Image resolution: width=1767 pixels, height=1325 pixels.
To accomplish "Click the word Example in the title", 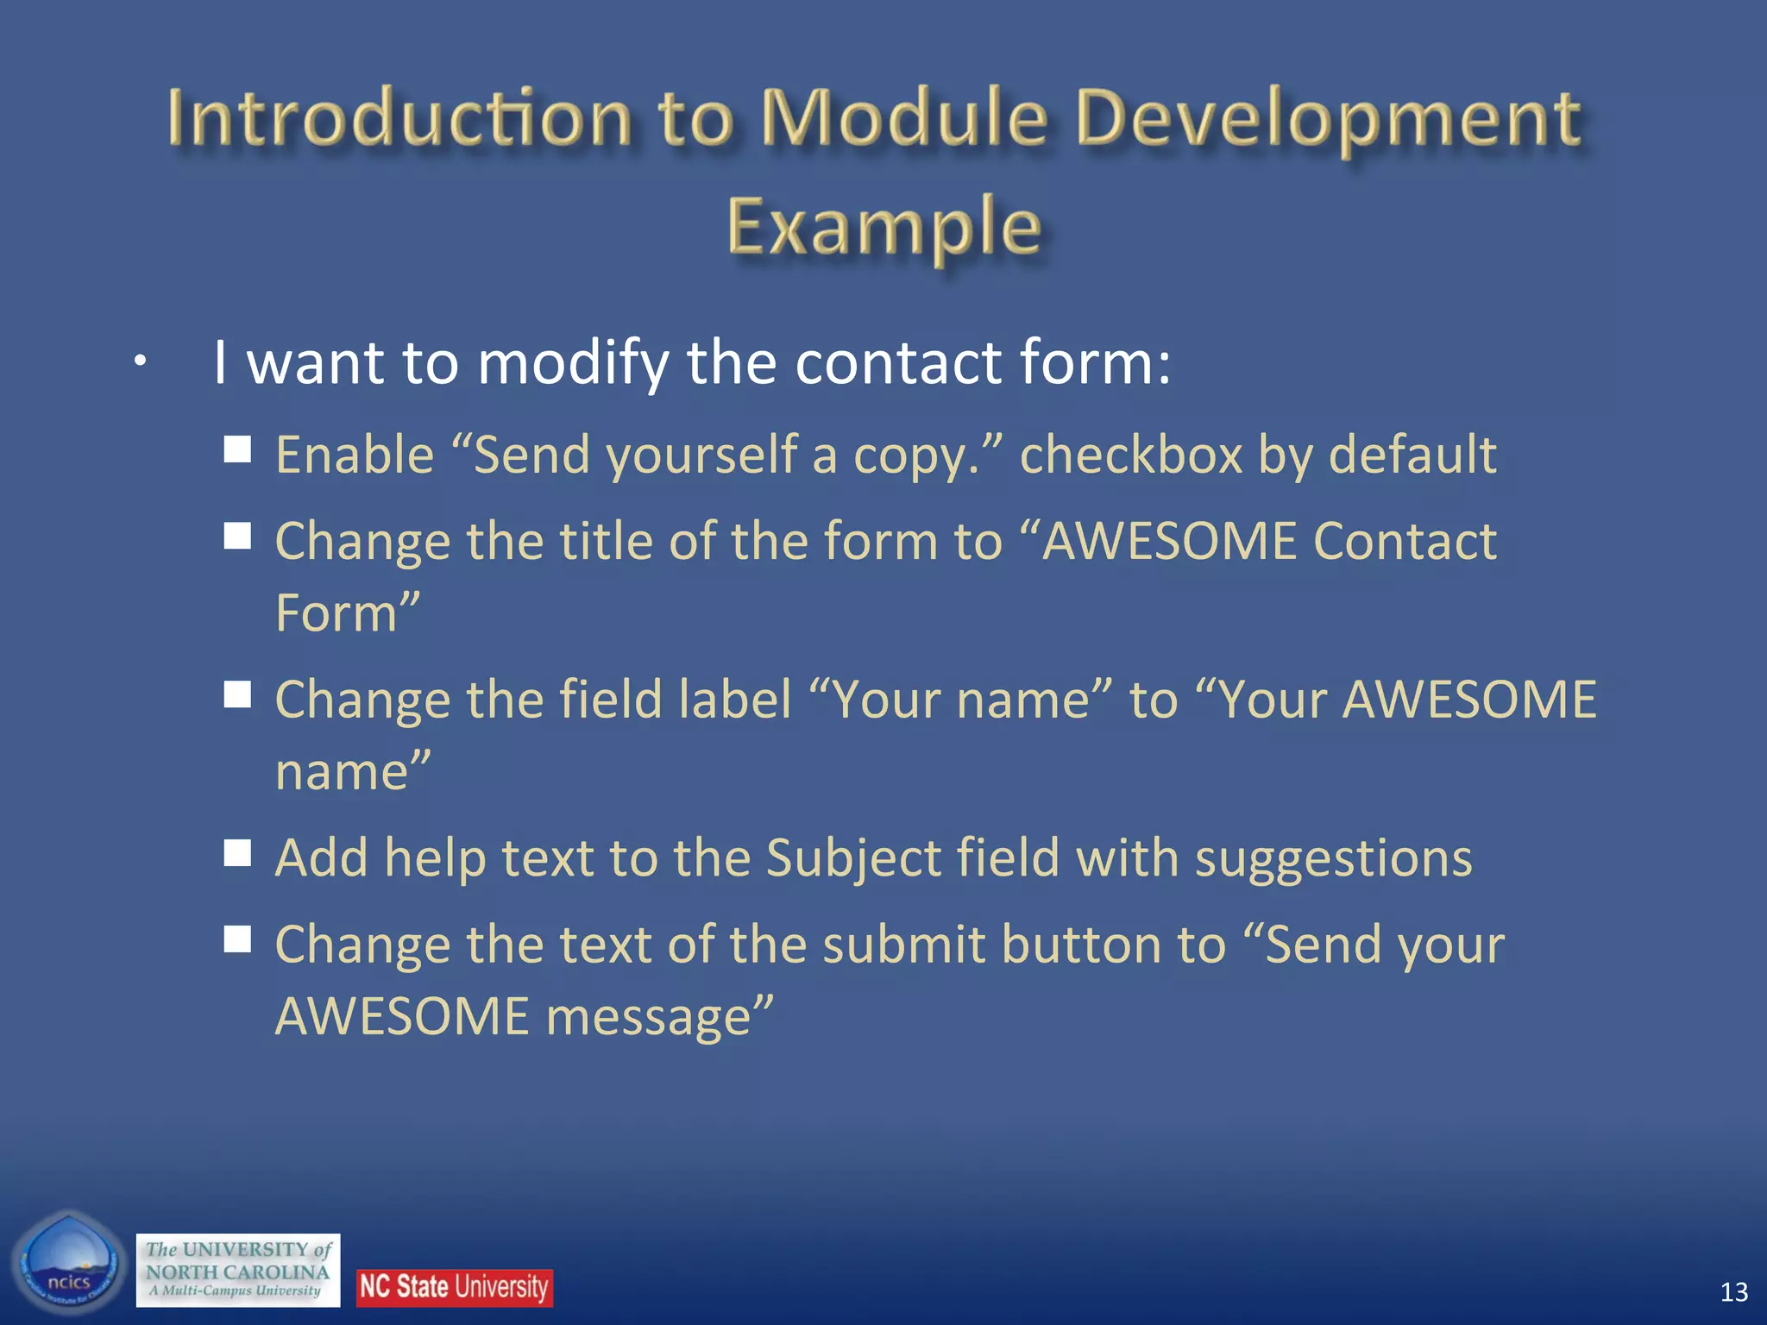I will pyautogui.click(x=883, y=226).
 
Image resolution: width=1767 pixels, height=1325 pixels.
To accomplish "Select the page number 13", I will pyautogui.click(x=1733, y=1291).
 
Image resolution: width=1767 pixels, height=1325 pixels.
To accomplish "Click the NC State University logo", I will pyautogui.click(x=455, y=1287).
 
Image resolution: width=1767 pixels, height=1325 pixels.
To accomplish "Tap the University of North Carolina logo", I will pyautogui.click(x=238, y=1270).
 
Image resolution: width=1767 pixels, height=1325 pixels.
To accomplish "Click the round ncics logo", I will pyautogui.click(x=69, y=1263).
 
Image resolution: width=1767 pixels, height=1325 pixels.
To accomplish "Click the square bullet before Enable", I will pyautogui.click(x=237, y=449).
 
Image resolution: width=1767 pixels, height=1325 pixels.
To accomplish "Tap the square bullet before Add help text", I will pyautogui.click(x=237, y=853).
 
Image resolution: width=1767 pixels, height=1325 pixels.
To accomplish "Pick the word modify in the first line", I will pyautogui.click(x=573, y=362).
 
